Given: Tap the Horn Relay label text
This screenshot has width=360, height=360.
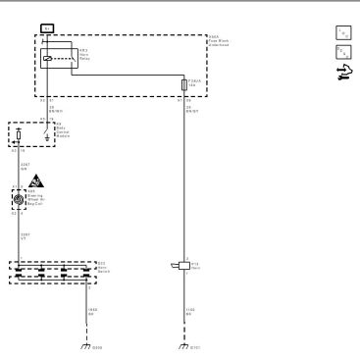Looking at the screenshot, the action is pos(85,53).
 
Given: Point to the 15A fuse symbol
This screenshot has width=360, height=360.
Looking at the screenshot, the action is pos(184,85).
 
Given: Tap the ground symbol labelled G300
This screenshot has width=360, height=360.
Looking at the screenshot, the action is pos(86,344).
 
